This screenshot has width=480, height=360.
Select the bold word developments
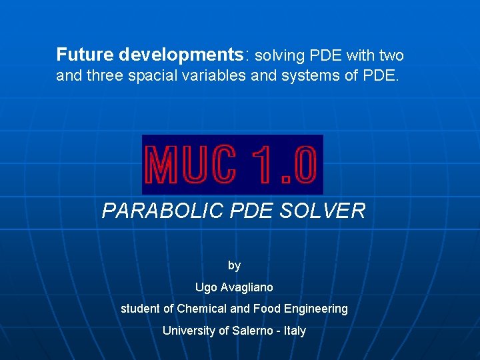pos(180,55)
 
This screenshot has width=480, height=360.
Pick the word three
pos(109,75)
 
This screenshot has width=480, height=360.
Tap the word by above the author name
pos(234,265)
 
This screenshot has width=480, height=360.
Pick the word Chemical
pos(201,309)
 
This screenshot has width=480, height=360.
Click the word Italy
pos(294,331)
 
